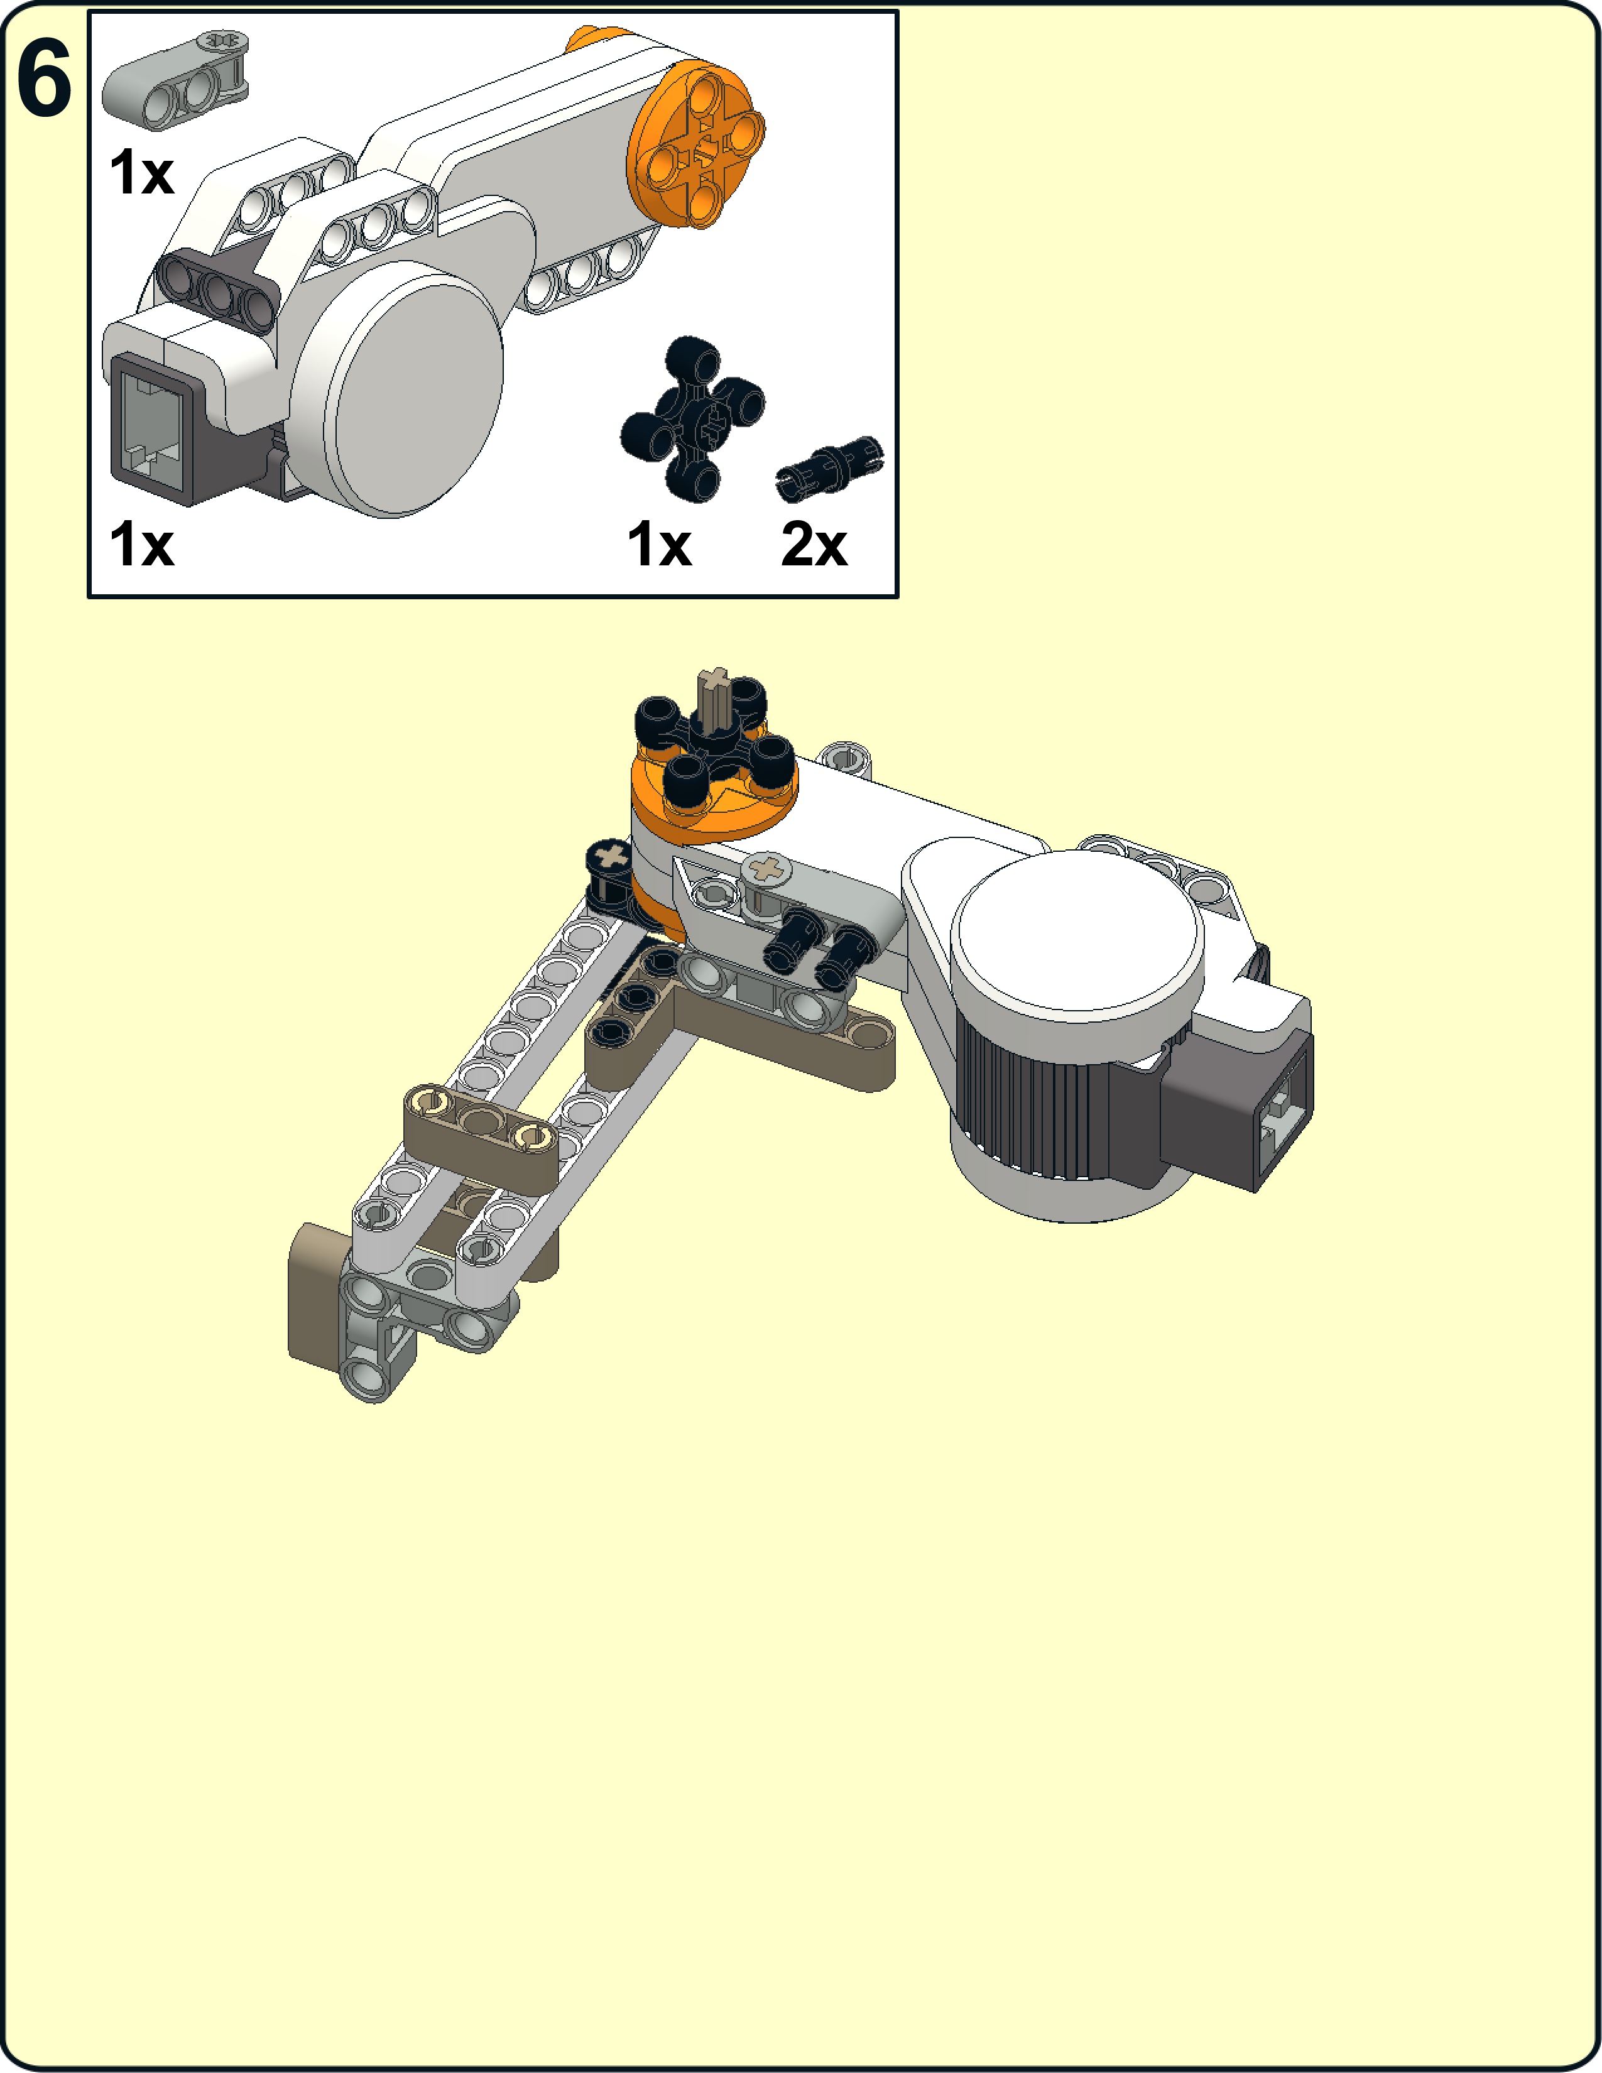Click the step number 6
(x=43, y=80)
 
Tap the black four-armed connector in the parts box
(x=693, y=418)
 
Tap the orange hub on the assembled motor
(x=714, y=807)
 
